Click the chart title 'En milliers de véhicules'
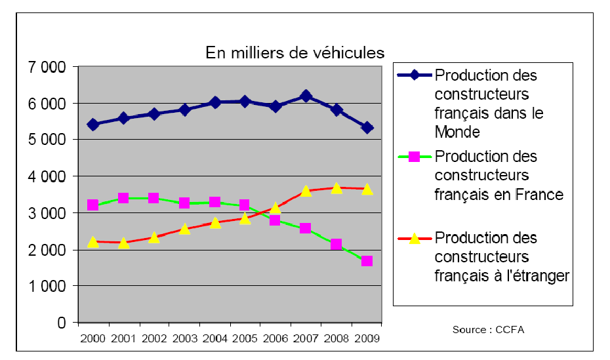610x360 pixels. point(295,52)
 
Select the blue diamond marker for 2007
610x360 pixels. point(306,96)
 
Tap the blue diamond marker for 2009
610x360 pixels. point(367,128)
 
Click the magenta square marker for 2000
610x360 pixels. point(92,205)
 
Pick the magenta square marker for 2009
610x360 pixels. point(367,261)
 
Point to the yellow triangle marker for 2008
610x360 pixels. point(336,188)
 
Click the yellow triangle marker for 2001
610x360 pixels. point(123,243)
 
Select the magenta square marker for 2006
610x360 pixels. point(275,220)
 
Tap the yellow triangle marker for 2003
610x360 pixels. point(184,228)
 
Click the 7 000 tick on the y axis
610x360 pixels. point(48,67)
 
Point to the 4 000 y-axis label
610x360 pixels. point(48,176)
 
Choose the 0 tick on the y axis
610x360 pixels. point(62,323)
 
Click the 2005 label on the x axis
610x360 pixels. point(245,338)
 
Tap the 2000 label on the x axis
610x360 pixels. point(92,338)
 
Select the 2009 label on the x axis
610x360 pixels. point(367,338)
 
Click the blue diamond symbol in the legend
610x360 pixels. point(415,75)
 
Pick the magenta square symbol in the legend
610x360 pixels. point(415,157)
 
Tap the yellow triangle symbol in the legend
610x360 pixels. point(415,237)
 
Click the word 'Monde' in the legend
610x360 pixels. point(458,131)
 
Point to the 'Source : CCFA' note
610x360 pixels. point(488,329)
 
